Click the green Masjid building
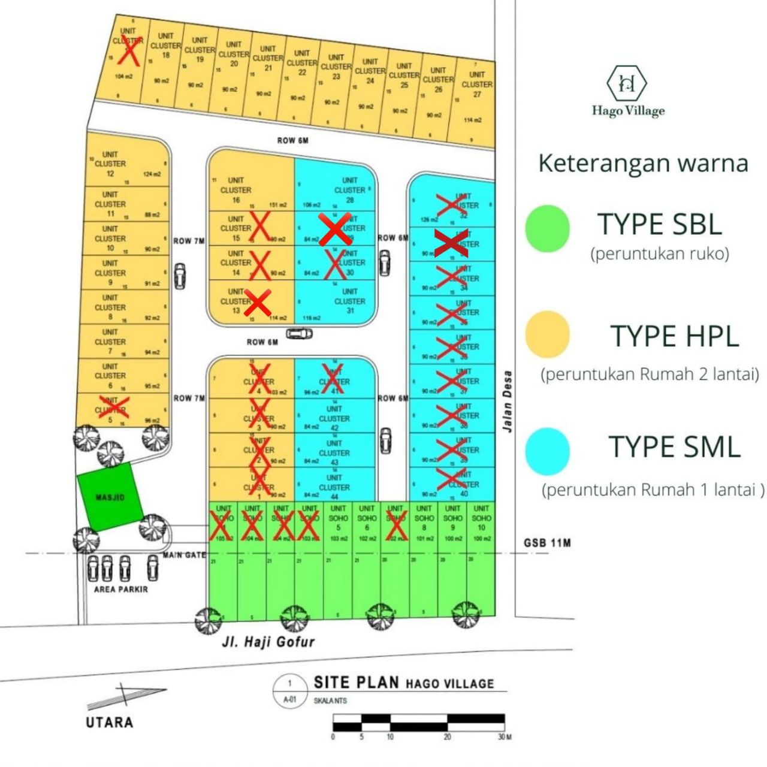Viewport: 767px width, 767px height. (x=110, y=497)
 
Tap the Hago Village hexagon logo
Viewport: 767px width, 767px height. (x=627, y=83)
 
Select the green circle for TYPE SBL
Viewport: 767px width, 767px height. (x=547, y=228)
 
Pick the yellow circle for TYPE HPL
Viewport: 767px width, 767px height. (x=547, y=334)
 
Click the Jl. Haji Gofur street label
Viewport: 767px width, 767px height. (x=268, y=642)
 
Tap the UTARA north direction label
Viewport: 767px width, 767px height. (x=109, y=722)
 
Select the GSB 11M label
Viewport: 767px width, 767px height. (x=547, y=543)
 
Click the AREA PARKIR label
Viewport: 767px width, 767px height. (x=120, y=589)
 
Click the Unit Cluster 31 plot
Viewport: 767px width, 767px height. (x=342, y=306)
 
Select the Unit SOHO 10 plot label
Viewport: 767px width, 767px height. (x=481, y=518)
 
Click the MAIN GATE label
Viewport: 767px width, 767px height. (x=184, y=555)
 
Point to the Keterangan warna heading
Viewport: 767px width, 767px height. (x=643, y=163)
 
